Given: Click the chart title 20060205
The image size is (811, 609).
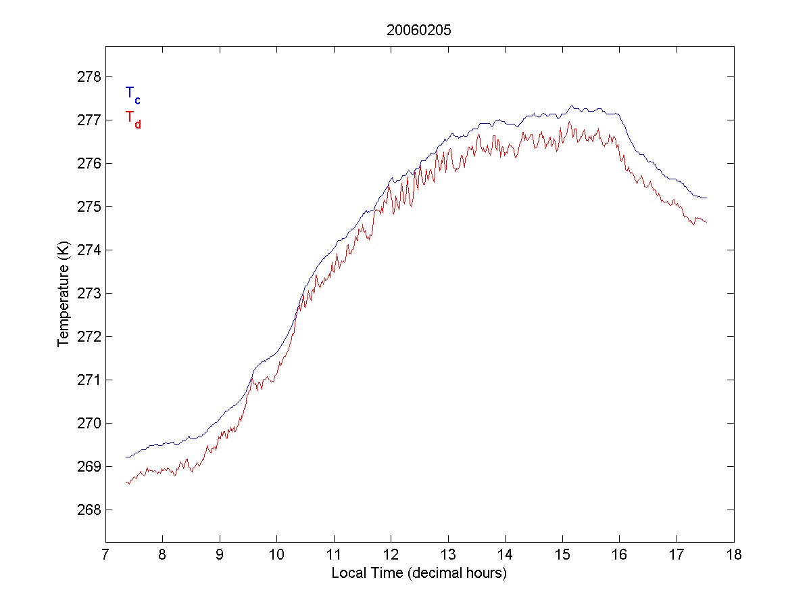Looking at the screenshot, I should (x=419, y=30).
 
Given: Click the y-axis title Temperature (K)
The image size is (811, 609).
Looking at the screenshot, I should (x=63, y=293).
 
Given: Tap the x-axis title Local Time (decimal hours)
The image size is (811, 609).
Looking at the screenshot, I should (x=419, y=573).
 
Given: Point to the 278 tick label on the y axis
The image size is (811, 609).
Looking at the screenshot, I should (x=89, y=76).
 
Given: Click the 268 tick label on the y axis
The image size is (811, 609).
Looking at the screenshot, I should (x=89, y=510).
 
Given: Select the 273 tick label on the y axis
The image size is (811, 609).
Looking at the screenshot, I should (x=89, y=293).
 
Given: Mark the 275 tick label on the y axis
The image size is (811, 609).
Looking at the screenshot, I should (x=89, y=206).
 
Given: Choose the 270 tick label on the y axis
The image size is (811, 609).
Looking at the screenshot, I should (x=89, y=423).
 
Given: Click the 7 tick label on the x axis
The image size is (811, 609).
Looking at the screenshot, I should (x=105, y=556).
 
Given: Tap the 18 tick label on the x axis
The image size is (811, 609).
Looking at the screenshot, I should (x=734, y=556).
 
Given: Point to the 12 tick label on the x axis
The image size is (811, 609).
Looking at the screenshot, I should (x=391, y=556).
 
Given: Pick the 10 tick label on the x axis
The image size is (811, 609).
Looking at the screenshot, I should (x=277, y=556).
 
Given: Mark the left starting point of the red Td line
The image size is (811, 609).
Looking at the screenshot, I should (x=126, y=482).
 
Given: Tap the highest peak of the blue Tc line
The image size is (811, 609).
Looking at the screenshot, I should (x=571, y=106).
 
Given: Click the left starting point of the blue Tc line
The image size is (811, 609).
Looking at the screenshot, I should (x=126, y=457).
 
